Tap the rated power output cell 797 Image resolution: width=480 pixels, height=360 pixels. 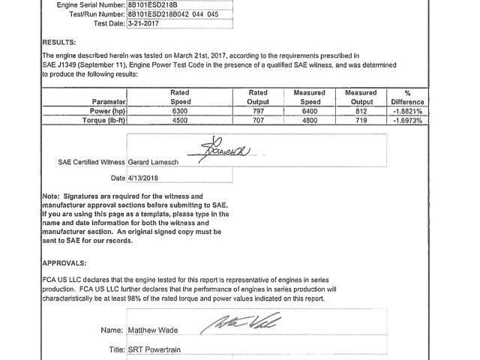click(x=257, y=111)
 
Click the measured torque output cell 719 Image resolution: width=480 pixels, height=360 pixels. click(x=361, y=120)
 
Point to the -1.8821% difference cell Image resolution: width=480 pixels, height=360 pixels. click(x=407, y=111)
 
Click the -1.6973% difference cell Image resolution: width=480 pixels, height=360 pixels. click(x=407, y=120)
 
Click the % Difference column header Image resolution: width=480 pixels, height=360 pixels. click(x=407, y=97)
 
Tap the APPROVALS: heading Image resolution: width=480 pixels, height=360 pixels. click(x=64, y=263)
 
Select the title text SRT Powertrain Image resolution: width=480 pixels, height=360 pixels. click(x=154, y=349)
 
